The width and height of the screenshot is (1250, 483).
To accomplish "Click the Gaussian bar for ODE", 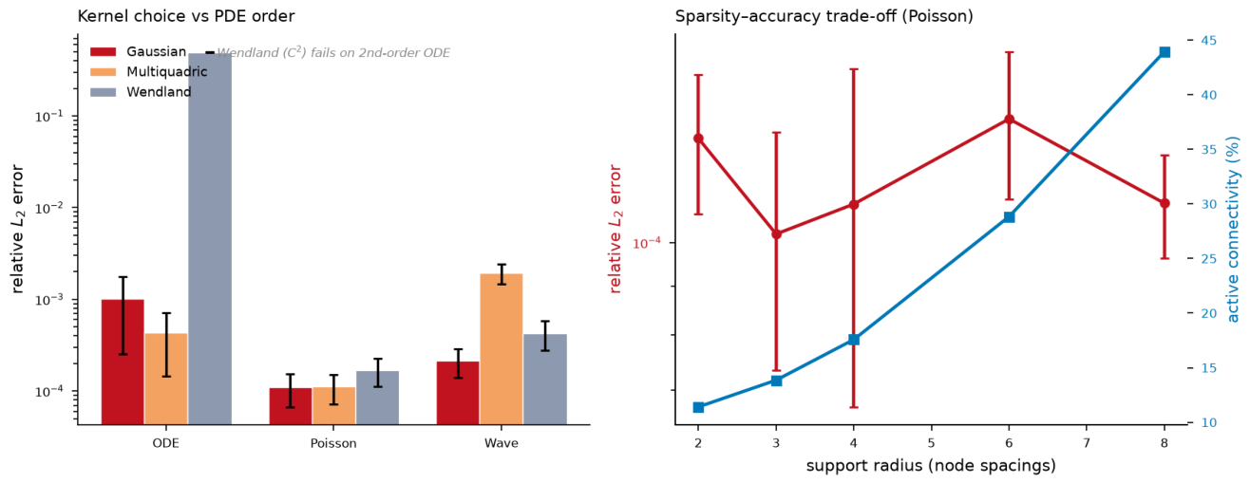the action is coord(123,362).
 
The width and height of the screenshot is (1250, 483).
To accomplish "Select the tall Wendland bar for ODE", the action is coord(210,239).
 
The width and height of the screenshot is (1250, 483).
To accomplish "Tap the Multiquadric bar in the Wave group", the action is coord(502,349).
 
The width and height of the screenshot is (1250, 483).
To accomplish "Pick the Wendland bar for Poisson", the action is coord(377,398).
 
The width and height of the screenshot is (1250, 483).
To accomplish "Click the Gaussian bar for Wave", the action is coord(458,393).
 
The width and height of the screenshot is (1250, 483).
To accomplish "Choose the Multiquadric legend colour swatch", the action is coord(104,72).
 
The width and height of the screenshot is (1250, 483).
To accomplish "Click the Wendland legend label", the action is coord(159,92).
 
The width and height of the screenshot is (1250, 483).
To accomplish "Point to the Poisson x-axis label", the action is coord(333,443).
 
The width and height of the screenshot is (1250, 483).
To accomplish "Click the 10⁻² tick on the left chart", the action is coord(49,208).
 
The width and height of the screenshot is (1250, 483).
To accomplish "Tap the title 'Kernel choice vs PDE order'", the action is coord(186,16).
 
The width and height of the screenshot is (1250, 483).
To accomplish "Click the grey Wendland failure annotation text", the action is coord(333,53).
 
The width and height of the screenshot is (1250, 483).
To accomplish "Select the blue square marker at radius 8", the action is coord(1165,52).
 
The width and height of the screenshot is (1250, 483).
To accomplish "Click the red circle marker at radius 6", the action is coord(1009,120).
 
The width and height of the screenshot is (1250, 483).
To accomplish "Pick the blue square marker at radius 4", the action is coord(853,340).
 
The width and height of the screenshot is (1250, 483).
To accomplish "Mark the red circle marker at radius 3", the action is coord(776,234).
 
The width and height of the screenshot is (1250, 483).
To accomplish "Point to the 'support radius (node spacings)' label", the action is coord(931,466).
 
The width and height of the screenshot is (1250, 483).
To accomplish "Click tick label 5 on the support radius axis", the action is coord(932,443).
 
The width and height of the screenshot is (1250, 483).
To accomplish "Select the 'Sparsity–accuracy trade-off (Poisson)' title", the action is coord(824,16).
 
